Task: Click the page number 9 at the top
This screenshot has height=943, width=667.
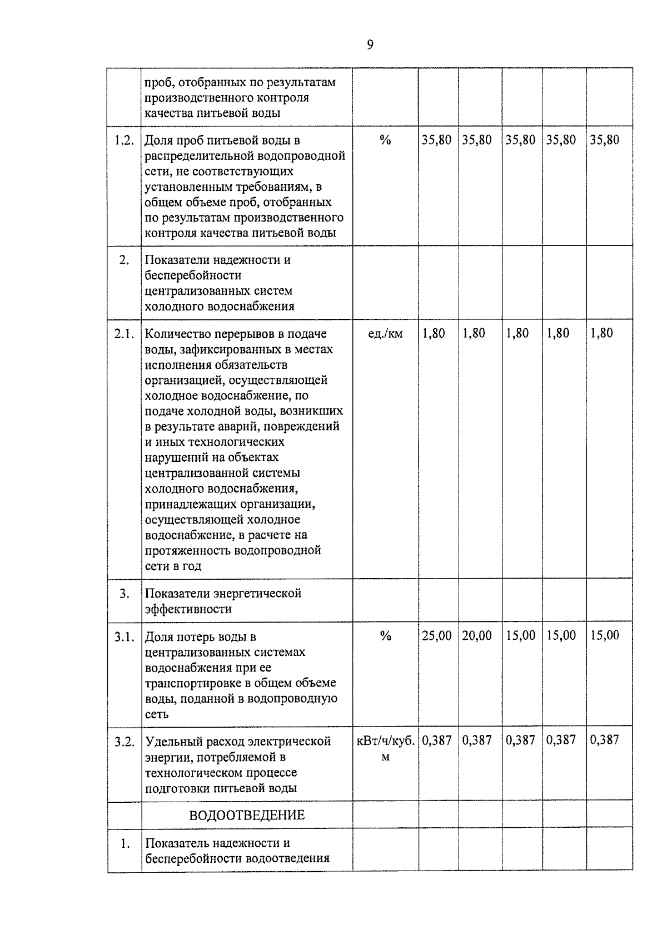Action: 370,45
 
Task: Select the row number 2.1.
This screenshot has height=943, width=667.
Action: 124,334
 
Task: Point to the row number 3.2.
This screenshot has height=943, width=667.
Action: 124,742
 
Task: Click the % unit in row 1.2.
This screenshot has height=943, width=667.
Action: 385,140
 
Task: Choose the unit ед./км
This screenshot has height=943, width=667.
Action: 385,334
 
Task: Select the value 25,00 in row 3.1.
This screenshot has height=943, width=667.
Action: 436,635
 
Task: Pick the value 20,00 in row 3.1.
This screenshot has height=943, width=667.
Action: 477,635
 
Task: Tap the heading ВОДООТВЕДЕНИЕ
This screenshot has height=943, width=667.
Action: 247,816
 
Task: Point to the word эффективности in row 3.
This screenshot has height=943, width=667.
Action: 188,609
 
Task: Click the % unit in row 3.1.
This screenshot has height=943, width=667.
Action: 385,636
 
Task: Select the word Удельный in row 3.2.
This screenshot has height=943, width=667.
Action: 170,742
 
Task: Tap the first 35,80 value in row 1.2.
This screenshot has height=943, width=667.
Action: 436,140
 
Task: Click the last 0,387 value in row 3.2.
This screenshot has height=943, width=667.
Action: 604,740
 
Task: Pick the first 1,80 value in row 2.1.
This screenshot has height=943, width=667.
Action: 434,333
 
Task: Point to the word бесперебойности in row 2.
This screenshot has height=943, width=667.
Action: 193,275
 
